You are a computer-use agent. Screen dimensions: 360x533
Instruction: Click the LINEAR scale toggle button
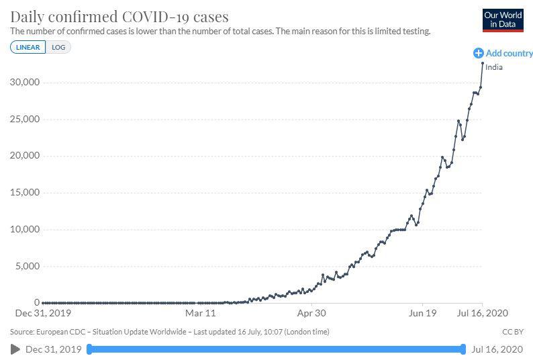(28, 47)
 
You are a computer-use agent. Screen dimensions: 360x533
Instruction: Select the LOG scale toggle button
(58, 47)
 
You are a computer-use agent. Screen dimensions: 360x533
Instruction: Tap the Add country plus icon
(478, 53)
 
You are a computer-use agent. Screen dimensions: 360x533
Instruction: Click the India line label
(494, 67)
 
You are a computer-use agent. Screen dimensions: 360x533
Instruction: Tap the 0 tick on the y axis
(36, 303)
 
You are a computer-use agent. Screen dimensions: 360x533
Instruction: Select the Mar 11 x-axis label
(201, 313)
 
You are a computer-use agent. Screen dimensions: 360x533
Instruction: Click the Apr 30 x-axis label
(311, 313)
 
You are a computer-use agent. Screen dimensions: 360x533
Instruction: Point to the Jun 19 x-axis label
(422, 313)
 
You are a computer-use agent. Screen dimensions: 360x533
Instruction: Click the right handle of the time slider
(463, 349)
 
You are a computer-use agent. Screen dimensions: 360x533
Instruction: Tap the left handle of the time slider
(89, 349)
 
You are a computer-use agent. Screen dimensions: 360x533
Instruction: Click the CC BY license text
(512, 332)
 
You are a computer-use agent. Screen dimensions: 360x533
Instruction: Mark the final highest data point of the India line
(483, 63)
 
